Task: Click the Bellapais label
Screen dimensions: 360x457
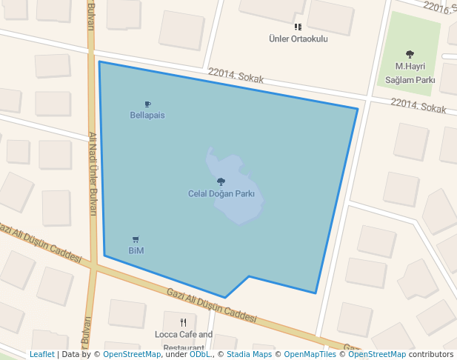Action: (147, 116)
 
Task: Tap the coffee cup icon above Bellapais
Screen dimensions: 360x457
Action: (147, 104)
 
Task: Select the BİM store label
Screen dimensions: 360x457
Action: (136, 250)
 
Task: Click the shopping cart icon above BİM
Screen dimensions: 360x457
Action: (136, 239)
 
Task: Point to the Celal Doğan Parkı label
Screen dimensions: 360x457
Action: (221, 193)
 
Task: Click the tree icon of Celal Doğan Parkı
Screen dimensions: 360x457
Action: (221, 181)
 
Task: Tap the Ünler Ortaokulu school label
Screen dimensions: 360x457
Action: (298, 39)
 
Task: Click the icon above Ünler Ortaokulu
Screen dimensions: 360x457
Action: (298, 27)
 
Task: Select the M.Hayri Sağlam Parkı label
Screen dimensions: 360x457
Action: (410, 73)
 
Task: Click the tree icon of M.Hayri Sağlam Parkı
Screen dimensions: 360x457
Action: (410, 54)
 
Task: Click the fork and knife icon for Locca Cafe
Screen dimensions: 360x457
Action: (184, 322)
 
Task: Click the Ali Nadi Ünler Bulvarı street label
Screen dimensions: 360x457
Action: (93, 174)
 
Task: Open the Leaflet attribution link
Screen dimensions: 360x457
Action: (42, 355)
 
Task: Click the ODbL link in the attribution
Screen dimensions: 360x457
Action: (200, 355)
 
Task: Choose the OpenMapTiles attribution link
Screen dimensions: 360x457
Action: (310, 355)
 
